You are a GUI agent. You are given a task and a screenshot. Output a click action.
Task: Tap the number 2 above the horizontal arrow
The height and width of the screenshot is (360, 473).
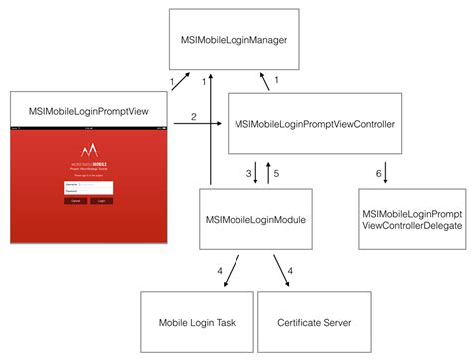(193, 117)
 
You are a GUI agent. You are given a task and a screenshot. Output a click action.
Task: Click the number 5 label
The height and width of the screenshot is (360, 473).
(277, 172)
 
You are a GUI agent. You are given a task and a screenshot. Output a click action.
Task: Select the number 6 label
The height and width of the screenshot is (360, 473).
(378, 172)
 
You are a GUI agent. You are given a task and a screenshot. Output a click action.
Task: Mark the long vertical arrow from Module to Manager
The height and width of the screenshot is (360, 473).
(211, 130)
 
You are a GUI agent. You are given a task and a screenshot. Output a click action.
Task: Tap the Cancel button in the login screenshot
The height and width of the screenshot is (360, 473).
(74, 200)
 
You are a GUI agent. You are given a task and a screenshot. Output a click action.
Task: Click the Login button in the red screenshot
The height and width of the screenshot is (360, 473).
(102, 200)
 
